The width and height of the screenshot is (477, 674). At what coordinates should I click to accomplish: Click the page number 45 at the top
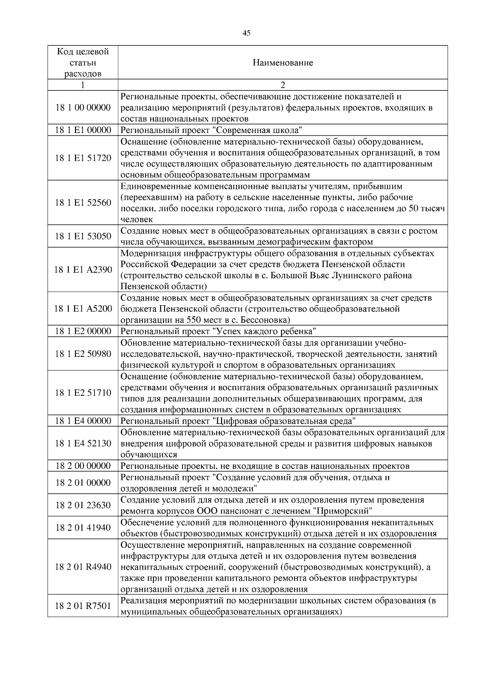[246, 33]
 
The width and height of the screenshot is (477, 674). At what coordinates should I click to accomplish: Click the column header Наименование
[283, 63]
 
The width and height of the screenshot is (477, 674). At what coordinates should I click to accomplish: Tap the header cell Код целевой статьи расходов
[83, 63]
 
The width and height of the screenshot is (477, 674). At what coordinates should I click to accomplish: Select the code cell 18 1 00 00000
[83, 108]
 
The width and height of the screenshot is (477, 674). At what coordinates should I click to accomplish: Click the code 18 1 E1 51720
[83, 158]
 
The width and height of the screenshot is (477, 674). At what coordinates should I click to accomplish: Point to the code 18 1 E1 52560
[83, 203]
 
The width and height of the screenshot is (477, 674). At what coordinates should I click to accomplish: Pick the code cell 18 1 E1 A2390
[83, 270]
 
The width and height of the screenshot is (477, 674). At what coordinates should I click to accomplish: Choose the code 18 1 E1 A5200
[83, 309]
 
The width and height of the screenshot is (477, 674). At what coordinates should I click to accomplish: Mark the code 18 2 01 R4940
[83, 567]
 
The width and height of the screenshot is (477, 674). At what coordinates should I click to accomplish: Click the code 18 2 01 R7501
[83, 606]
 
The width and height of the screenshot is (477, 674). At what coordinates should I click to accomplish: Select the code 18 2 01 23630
[83, 505]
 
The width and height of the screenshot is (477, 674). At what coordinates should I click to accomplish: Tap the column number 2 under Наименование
[283, 85]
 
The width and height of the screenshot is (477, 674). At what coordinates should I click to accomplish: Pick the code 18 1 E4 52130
[83, 443]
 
